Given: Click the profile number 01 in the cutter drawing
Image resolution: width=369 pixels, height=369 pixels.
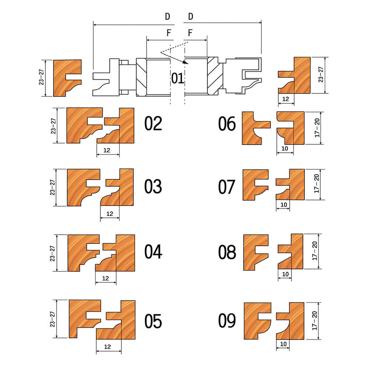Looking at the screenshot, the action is (177, 78).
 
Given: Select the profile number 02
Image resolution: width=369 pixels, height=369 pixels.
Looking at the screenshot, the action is (153, 124).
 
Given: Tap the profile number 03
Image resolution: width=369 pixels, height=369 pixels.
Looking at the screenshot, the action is (153, 186).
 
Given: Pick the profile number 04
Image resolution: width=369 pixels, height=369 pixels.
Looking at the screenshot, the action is (153, 252).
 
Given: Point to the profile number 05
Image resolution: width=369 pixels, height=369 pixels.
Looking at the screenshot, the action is (153, 321).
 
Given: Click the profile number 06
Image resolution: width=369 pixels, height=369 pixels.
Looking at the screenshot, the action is (227, 124).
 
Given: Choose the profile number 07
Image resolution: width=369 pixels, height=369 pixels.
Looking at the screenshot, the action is (227, 187).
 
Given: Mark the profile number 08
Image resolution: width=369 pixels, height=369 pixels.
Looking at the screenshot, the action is (227, 252).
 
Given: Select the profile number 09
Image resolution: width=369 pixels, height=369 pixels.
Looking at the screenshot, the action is (227, 321).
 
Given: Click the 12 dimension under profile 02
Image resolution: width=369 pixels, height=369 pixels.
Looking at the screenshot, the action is (107, 150).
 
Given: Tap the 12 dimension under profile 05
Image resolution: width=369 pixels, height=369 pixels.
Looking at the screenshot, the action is (107, 346).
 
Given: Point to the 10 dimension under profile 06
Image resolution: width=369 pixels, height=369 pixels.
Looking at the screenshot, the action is (285, 148).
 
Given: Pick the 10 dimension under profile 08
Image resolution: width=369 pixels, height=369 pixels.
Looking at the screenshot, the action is (285, 274).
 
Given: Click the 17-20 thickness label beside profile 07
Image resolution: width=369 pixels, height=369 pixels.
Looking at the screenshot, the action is (317, 183).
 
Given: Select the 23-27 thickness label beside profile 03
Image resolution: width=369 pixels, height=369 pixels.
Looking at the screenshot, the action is (52, 187).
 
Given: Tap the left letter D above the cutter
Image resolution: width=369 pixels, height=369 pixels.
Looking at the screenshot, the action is (167, 17).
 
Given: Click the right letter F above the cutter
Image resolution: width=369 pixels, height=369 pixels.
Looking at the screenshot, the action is (190, 33).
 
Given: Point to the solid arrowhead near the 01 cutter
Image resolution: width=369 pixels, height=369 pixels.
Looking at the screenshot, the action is (185, 62).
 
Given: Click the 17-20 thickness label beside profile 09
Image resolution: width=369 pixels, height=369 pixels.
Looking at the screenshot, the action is (315, 321).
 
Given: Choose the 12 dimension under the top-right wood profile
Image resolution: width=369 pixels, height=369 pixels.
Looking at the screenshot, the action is (286, 99).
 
